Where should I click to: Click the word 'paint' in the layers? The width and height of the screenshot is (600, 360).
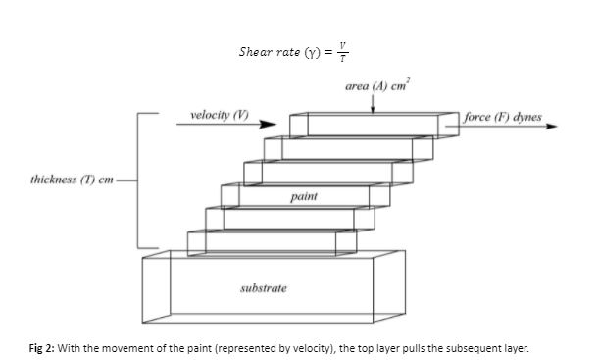[x=303, y=198]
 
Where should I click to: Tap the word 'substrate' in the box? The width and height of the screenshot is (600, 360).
[x=264, y=288]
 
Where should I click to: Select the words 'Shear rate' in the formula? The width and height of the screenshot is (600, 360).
[x=266, y=51]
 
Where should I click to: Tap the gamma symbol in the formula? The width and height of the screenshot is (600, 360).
[x=305, y=51]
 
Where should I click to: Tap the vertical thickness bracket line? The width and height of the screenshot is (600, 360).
[x=137, y=180]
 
